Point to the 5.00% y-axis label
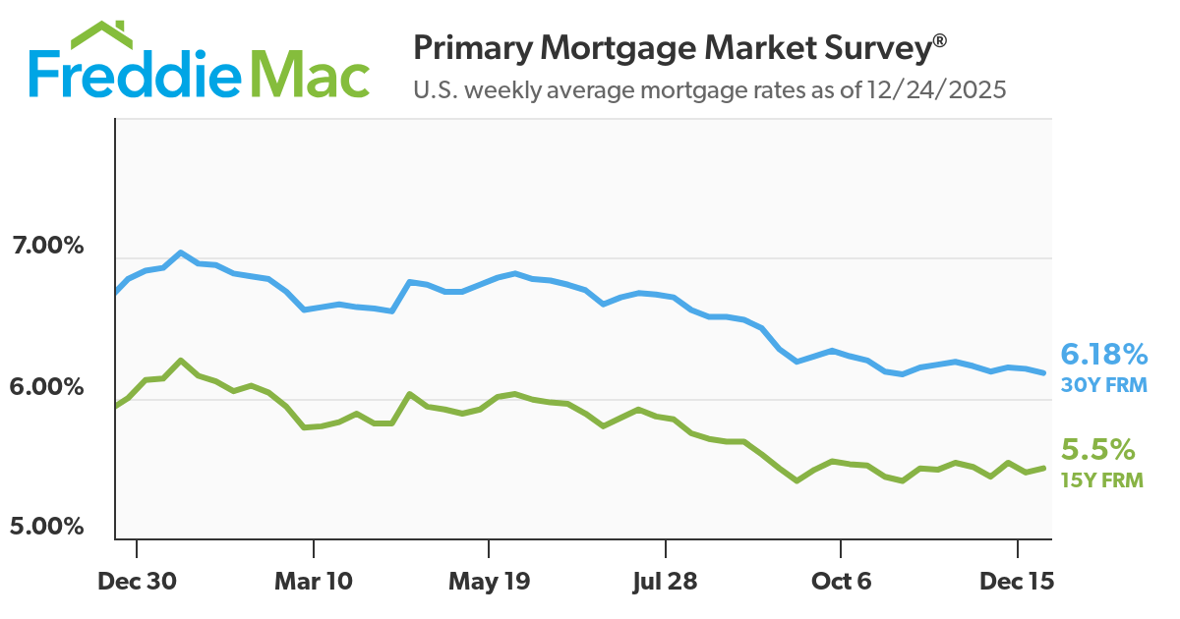tap(46, 527)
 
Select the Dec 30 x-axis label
tap(137, 581)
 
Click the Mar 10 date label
tap(313, 581)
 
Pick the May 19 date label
tap(489, 581)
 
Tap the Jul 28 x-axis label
tap(665, 581)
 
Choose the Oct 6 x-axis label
tap(841, 581)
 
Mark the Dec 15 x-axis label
tap(1017, 581)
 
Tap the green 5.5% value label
tap(1098, 450)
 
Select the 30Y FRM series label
tap(1103, 385)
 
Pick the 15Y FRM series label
tap(1102, 480)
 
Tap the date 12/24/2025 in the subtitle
tap(937, 90)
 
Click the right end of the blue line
tap(1043, 372)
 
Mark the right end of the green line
tap(1043, 468)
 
